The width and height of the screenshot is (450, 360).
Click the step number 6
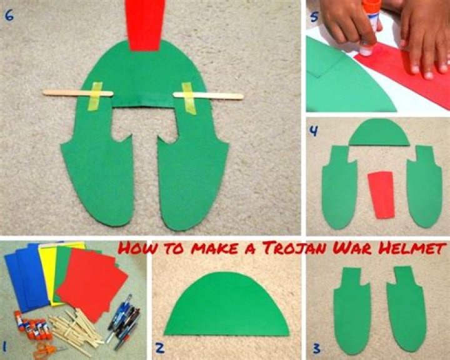[9, 16]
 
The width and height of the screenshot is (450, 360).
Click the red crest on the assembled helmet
[146, 25]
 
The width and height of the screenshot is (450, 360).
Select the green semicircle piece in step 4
[379, 133]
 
